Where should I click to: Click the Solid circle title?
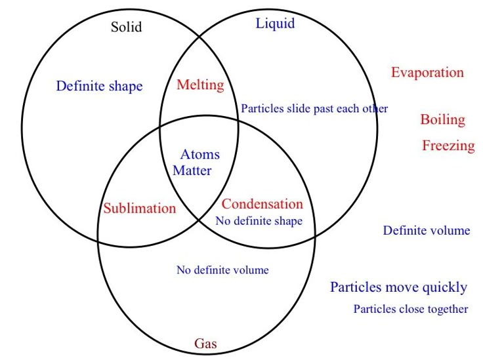[x=126, y=28]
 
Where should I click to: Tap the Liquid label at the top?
[x=275, y=24]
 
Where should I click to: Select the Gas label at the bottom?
[x=205, y=344]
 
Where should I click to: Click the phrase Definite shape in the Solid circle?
[x=99, y=86]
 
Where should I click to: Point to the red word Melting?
[x=200, y=85]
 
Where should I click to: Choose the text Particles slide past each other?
[x=314, y=109]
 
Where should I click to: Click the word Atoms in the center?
[x=200, y=155]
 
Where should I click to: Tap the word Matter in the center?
[x=192, y=171]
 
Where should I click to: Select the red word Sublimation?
[x=140, y=209]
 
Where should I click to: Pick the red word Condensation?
[x=262, y=204]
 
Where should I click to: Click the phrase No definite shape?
[x=259, y=221]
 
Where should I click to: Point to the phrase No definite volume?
[x=222, y=270]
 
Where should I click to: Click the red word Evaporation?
[x=427, y=73]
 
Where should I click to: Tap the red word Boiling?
[x=443, y=120]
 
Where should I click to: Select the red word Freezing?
[x=448, y=146]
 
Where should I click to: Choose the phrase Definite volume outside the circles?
[x=427, y=230]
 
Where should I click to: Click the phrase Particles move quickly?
[x=398, y=287]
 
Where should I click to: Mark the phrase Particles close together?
[x=411, y=309]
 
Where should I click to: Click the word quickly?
[x=445, y=288]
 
